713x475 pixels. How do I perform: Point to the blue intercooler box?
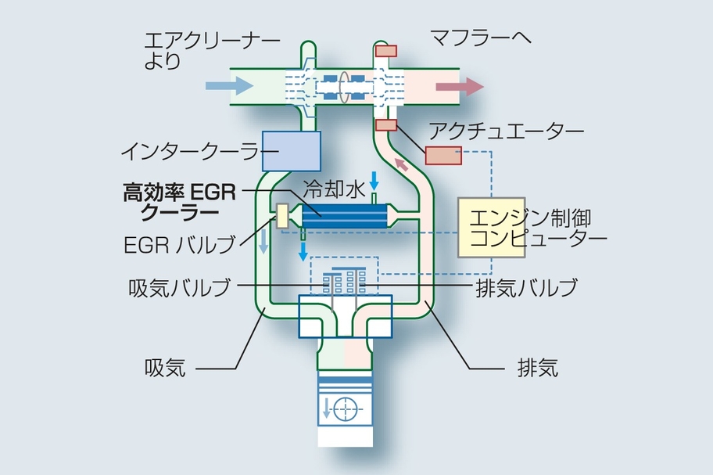[x=292, y=150]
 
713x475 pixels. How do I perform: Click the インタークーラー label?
[x=190, y=149]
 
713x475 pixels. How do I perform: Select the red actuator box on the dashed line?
[x=443, y=154]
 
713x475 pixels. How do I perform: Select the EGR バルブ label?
[x=179, y=245]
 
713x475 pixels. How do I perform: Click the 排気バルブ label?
[x=526, y=287]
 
